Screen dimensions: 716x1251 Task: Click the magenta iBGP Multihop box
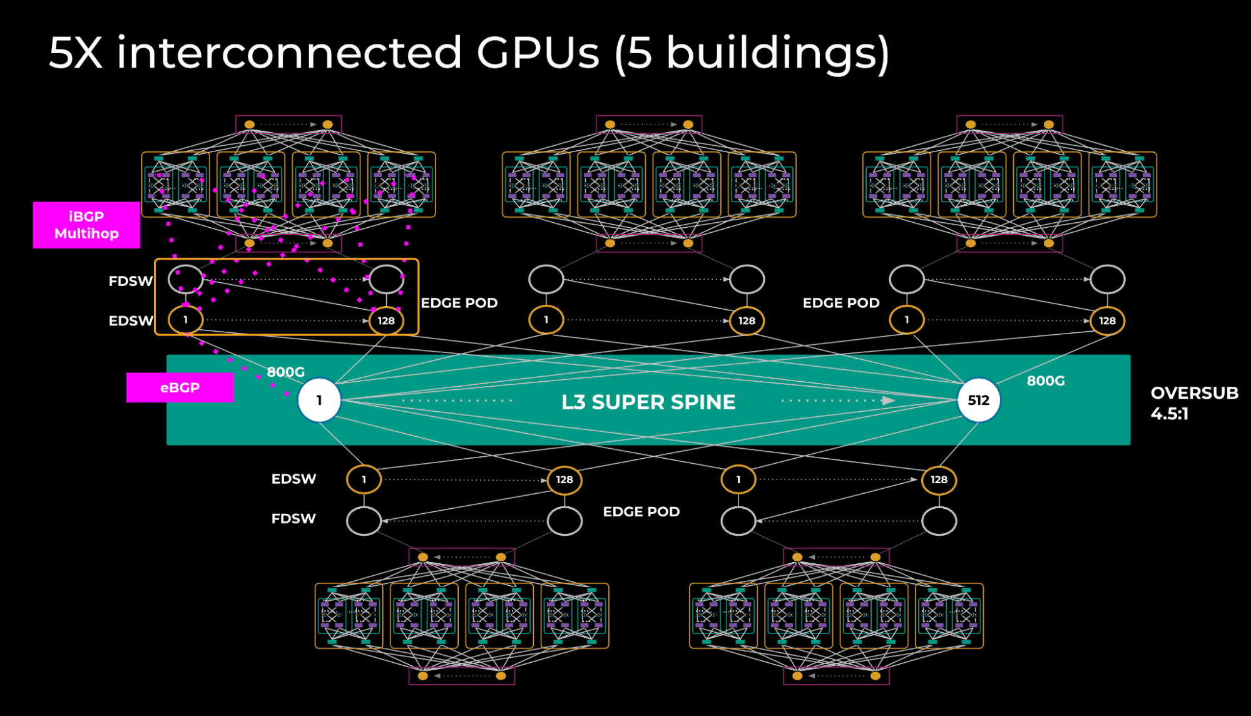click(86, 225)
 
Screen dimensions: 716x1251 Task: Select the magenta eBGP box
click(180, 387)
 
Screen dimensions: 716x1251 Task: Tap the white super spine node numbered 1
click(319, 400)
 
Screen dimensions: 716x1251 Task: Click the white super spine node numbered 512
click(978, 400)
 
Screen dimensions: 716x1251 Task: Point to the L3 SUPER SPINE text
click(648, 402)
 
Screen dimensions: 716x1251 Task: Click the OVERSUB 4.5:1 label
click(1193, 402)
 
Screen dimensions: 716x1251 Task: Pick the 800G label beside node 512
click(1045, 381)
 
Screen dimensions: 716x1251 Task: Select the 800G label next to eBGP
click(285, 372)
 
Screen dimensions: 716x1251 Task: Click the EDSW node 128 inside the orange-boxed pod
click(386, 320)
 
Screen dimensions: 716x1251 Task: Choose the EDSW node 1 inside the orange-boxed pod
click(186, 319)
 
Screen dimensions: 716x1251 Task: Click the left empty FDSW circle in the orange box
click(186, 279)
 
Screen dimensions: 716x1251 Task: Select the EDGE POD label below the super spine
click(641, 511)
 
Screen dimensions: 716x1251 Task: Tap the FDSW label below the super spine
click(293, 518)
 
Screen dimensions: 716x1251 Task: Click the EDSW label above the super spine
click(130, 320)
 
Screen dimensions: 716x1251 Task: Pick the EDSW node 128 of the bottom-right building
click(939, 479)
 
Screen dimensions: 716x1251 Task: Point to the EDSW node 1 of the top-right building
click(906, 319)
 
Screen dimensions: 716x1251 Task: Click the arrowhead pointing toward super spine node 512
click(888, 401)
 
